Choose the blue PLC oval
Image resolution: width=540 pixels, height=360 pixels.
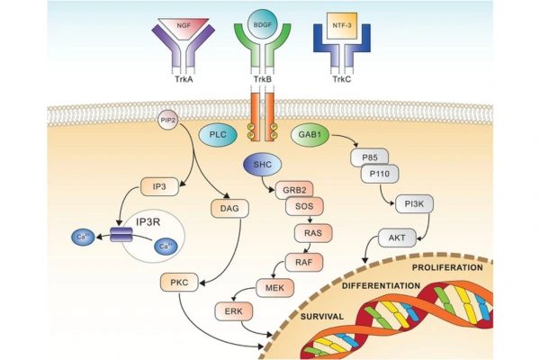click(x=216, y=133)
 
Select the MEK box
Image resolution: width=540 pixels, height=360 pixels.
click(x=269, y=288)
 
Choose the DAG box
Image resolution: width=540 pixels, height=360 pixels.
click(x=227, y=209)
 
